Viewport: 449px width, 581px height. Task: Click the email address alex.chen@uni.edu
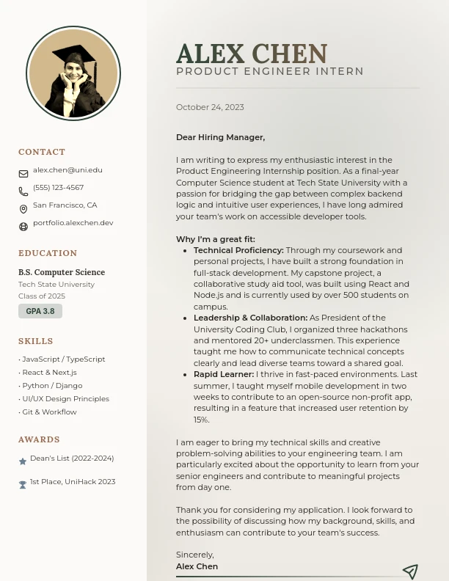[x=67, y=170]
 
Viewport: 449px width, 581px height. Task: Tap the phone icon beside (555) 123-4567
[x=23, y=191]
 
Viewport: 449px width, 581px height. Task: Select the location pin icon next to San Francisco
[x=23, y=209]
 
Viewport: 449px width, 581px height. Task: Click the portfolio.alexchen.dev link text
[x=73, y=223]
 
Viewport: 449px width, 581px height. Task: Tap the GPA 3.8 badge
[x=40, y=311]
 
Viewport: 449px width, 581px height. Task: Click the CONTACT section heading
[x=42, y=152]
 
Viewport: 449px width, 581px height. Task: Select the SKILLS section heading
[x=36, y=341]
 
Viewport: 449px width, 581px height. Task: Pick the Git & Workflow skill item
[x=48, y=412]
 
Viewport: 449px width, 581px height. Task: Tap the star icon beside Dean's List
[x=23, y=461]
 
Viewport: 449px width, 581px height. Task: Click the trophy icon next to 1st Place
[x=23, y=485]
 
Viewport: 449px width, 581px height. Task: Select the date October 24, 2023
[x=210, y=107]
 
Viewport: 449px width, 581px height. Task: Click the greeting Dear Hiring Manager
[x=220, y=137]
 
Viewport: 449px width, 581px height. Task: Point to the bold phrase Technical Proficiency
[x=238, y=250]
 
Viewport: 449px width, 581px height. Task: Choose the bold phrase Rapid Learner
[x=224, y=374]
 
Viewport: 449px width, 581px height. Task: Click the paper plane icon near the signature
[x=410, y=571]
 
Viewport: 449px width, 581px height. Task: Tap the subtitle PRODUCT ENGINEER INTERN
[x=270, y=71]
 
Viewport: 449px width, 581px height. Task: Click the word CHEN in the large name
[x=289, y=54]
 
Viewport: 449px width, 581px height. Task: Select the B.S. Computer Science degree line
[x=62, y=272]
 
